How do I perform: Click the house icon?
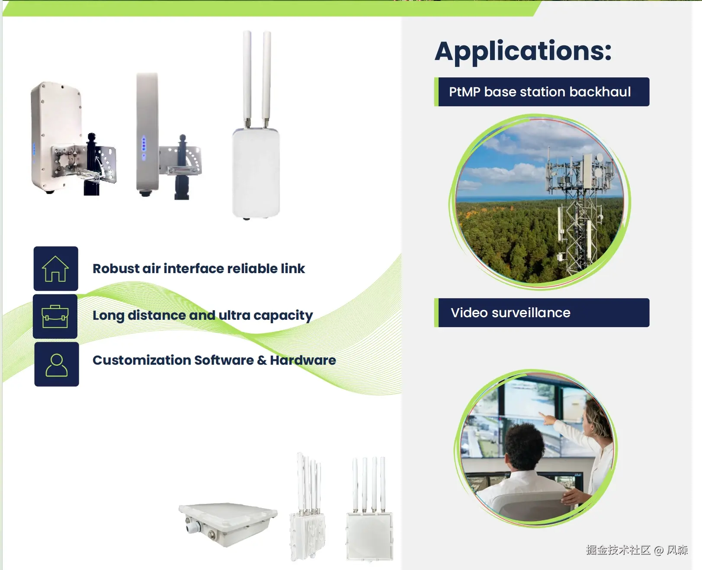55,269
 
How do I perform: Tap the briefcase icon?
55,316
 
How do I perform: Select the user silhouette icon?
56,365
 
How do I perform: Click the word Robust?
116,269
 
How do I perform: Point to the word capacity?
283,316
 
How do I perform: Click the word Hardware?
303,360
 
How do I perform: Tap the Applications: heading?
523,51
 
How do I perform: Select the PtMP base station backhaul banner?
542,92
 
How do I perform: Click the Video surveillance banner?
542,312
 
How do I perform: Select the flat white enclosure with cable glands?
228,524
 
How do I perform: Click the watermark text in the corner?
637,550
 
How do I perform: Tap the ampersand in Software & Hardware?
262,360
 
